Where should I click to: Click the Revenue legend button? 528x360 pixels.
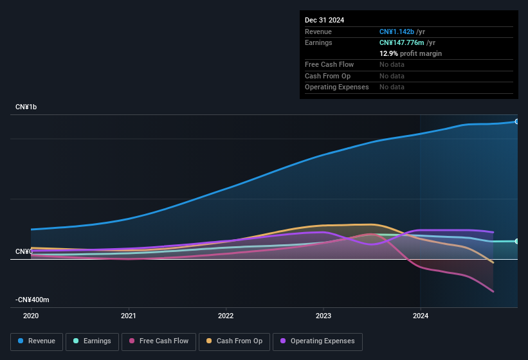pos(36,341)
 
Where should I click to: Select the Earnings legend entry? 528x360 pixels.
pos(92,341)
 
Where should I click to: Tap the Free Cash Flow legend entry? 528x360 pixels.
pos(159,341)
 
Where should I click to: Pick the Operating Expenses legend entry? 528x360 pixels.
pos(317,341)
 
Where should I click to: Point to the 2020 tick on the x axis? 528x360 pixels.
pos(31,316)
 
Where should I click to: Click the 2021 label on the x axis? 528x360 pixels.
pos(129,316)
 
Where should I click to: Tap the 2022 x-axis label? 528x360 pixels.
pos(226,316)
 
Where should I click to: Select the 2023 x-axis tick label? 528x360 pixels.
pos(323,316)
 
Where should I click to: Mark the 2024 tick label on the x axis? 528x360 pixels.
pos(421,316)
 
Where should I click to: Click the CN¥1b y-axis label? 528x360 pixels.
pos(26,107)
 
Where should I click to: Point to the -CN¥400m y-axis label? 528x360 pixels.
pos(33,300)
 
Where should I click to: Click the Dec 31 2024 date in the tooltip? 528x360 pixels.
pos(324,20)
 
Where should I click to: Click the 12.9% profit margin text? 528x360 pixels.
pos(410,53)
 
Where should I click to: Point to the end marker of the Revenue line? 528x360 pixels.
pos(517,122)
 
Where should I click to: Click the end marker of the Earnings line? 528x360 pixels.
pos(517,241)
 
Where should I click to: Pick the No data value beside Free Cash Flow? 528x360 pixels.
pos(392,64)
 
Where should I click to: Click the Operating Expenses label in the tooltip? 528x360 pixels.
pos(336,87)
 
